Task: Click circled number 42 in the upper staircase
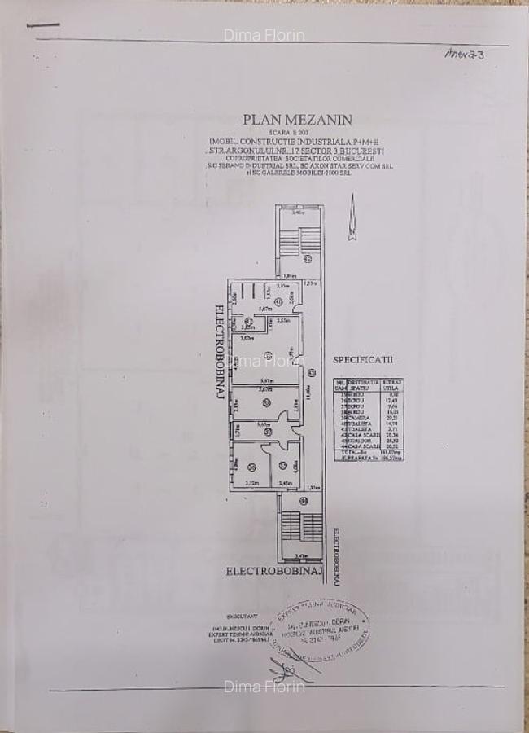pos(307,260)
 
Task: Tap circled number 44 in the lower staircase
pos(304,500)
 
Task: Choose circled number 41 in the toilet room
pos(278,301)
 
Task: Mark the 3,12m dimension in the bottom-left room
pos(251,483)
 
